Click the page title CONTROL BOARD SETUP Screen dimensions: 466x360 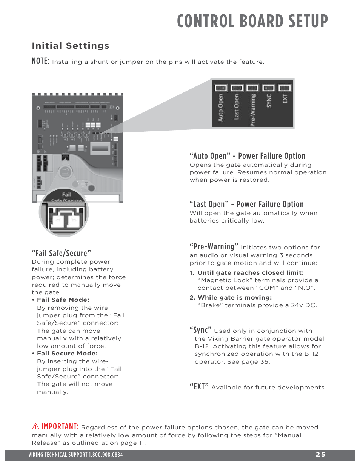point(252,21)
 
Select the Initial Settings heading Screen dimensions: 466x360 point(71,46)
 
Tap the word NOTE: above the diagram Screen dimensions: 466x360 point(40,61)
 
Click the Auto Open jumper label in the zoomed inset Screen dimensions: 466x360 point(220,108)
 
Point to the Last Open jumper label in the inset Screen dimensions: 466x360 point(237,107)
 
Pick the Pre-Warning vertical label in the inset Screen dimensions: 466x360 point(253,110)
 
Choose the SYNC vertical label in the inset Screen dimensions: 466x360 point(269,101)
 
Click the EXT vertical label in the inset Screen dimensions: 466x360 point(285,99)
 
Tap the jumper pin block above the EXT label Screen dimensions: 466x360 point(285,88)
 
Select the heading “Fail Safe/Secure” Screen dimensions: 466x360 point(61,253)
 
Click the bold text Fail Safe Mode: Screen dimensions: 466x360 point(63,300)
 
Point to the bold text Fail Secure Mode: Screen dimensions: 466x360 point(67,354)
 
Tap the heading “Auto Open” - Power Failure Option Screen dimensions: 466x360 point(247,156)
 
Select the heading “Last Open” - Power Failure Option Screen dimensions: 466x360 point(246,204)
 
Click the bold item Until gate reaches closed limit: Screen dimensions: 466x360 point(251,272)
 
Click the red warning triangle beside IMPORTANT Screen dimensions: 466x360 point(35,427)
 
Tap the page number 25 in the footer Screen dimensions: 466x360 point(320,455)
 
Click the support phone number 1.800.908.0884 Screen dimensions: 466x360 point(106,455)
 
